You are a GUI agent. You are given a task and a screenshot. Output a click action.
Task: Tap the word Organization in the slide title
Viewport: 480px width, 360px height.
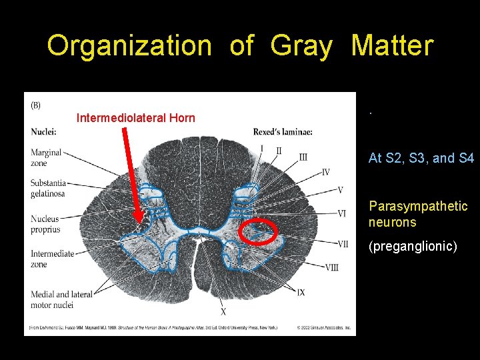[129, 46]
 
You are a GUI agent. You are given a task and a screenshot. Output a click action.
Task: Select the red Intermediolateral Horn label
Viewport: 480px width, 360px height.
[136, 118]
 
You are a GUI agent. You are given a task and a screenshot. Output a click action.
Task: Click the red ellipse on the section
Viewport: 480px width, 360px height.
[259, 231]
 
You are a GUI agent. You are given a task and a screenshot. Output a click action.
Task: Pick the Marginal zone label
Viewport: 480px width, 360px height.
[46, 158]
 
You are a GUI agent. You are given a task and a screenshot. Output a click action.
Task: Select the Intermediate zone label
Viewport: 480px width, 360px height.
[52, 259]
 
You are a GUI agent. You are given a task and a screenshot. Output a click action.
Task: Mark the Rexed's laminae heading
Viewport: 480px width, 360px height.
[283, 131]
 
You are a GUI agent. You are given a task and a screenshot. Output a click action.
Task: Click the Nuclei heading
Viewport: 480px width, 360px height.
[43, 131]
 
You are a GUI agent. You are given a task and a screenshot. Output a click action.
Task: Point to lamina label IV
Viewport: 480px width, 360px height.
[325, 172]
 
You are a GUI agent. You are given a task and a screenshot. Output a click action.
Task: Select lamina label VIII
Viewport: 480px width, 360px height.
[331, 267]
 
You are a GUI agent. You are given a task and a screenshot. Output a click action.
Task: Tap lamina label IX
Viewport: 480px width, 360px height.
[301, 292]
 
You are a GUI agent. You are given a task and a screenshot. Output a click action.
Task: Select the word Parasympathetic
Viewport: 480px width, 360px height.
[418, 206]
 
